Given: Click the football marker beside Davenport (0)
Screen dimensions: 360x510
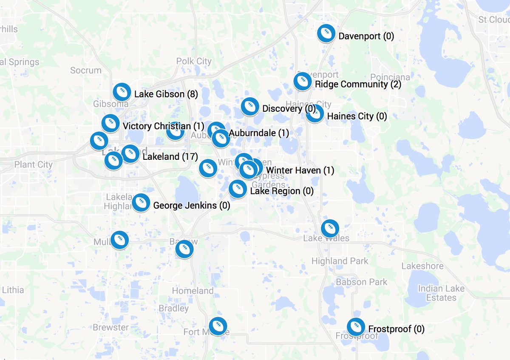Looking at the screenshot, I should point(326,34).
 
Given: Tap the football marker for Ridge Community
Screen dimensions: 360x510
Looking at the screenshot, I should point(302,81).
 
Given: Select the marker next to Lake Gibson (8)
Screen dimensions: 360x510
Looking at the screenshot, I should point(122,91).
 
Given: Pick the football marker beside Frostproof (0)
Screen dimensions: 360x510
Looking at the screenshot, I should point(356,327).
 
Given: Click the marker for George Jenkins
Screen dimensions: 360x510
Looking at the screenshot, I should point(141,203).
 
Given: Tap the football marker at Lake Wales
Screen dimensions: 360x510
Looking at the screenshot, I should point(330,229).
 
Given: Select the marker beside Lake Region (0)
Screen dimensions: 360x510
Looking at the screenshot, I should point(238,189).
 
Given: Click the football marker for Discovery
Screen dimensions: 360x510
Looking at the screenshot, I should point(250,107).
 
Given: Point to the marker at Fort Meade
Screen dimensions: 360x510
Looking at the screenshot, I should point(218,326).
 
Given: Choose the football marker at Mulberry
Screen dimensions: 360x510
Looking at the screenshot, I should point(120,240).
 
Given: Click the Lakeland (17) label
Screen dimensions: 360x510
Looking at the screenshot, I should point(170,157).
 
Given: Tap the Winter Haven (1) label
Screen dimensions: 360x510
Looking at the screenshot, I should point(300,170).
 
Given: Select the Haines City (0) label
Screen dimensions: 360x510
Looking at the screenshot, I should point(357,116).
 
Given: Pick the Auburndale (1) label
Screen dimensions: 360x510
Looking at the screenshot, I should point(259,133).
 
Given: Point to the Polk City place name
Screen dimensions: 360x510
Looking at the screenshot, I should point(194,61).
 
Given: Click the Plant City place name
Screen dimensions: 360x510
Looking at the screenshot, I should point(33,164).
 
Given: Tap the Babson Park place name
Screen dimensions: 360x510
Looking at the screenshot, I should point(362,282).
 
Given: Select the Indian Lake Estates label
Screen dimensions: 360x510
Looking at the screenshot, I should point(441,293).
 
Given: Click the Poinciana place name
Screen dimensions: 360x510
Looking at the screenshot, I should point(390,77).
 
